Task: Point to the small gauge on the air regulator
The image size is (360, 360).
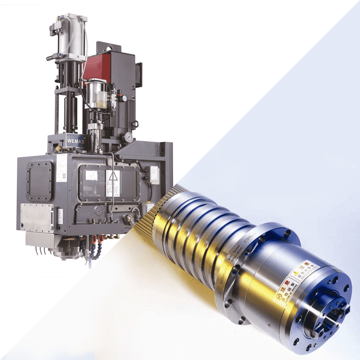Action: coord(124,98)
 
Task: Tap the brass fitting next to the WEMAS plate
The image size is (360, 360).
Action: coord(58,148)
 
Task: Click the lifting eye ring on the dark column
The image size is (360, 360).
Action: coord(136,124)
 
